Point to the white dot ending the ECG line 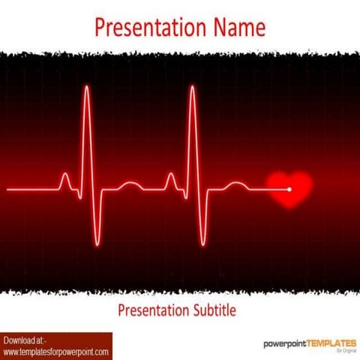[x=289, y=189]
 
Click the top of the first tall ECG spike [x=87, y=88]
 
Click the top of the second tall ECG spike [x=193, y=88]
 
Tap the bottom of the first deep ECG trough [x=97, y=243]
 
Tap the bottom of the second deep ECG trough [x=203, y=243]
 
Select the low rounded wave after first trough [x=130, y=184]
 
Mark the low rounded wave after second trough [x=236, y=184]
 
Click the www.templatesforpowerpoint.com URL [x=56, y=352]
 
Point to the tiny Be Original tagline [x=346, y=351]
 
